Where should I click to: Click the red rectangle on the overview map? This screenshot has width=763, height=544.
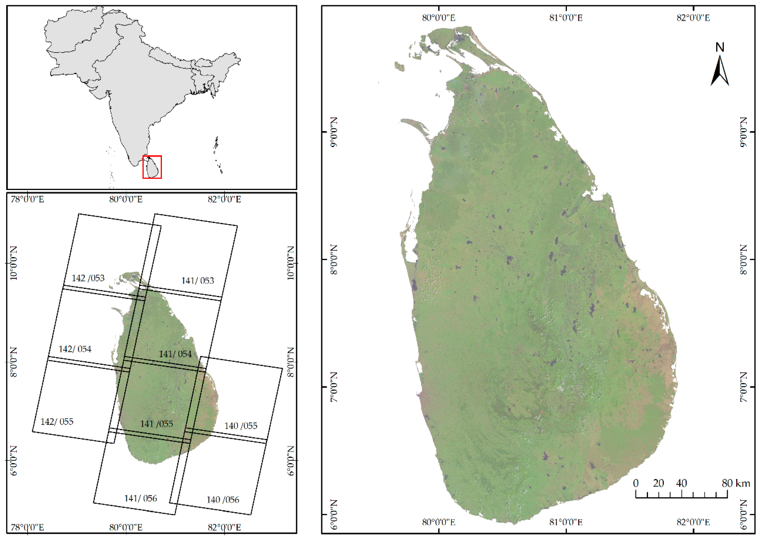(152, 167)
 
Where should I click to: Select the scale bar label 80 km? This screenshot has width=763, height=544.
(736, 483)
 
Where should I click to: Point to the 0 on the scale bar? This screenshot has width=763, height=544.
(636, 483)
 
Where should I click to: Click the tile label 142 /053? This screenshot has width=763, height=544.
(88, 278)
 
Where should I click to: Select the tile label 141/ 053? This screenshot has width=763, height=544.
(198, 281)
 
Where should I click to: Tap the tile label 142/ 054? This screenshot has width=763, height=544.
(75, 349)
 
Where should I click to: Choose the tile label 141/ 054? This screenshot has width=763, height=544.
(175, 354)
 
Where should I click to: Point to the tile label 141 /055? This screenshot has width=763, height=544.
(157, 424)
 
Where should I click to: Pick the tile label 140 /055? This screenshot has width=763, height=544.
(241, 426)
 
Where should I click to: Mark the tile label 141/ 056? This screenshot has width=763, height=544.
(141, 499)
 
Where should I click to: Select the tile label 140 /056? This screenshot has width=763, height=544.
(223, 500)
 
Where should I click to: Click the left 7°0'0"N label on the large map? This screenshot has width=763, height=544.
(334, 387)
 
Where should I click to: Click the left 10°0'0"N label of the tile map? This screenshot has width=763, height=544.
(13, 263)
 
